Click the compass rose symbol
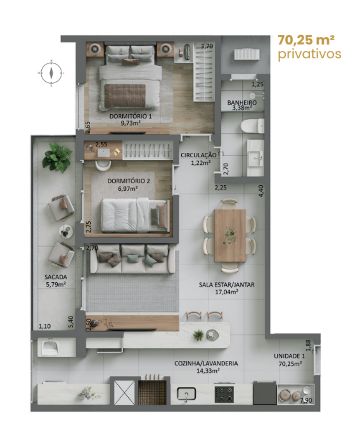click(x=51, y=73)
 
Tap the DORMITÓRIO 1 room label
click(x=131, y=116)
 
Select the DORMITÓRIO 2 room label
click(x=129, y=181)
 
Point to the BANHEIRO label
click(x=242, y=103)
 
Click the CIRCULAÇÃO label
click(x=198, y=155)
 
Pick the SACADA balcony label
click(x=56, y=277)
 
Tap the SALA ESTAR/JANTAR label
click(x=226, y=285)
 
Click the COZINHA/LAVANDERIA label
click(x=206, y=363)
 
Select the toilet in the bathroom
click(x=253, y=126)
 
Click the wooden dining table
click(x=230, y=235)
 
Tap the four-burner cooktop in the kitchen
click(x=224, y=394)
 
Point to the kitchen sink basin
click(x=186, y=394)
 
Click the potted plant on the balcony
click(x=58, y=158)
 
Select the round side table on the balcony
click(x=66, y=231)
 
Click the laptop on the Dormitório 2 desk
click(x=103, y=152)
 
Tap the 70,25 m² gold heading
click(x=306, y=40)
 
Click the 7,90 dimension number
click(x=306, y=400)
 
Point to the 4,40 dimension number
click(x=261, y=191)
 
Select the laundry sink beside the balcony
click(x=50, y=347)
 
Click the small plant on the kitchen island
click(x=198, y=335)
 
